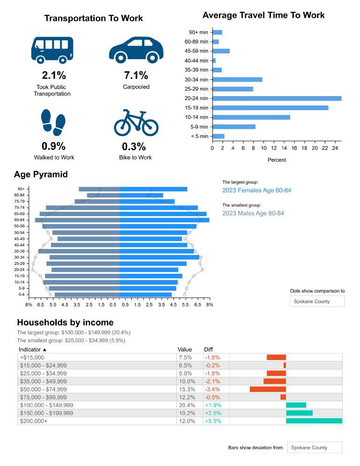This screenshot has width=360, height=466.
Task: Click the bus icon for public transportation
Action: point(52,50)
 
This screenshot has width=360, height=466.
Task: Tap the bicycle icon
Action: point(136,123)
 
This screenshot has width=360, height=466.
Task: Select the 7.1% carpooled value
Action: point(136,75)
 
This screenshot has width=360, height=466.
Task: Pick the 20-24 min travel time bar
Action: point(277,98)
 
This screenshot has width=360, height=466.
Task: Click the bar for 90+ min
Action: point(217,32)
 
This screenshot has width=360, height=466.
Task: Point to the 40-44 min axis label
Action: point(196,60)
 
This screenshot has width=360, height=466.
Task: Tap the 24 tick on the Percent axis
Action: point(335,148)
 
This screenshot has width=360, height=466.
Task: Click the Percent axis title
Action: point(277,160)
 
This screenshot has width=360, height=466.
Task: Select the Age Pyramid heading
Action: point(41,174)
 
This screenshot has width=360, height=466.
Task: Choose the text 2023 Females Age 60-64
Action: point(256,190)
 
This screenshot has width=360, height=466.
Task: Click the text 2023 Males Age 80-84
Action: point(253,213)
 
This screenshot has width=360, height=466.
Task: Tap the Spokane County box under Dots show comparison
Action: point(317,301)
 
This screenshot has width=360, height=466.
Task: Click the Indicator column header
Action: point(33,349)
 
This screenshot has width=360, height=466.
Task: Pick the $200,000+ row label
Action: point(33,421)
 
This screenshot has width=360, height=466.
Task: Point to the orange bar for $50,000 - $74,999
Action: point(268,389)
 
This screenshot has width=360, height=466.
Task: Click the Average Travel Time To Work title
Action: point(263,15)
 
